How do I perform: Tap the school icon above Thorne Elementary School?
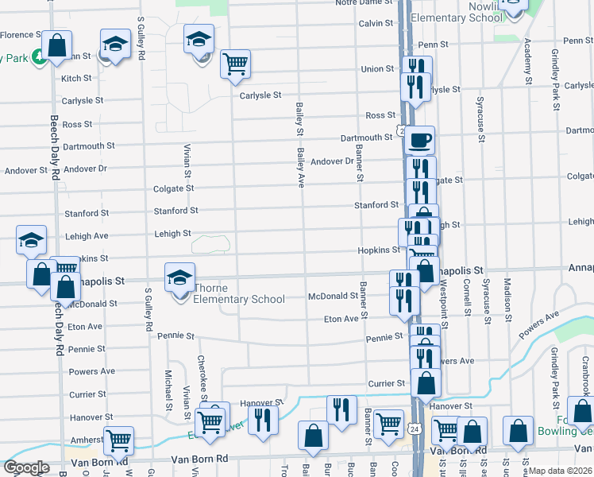click(180, 277)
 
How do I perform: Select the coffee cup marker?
click(420, 141)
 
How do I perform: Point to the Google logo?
click(26, 467)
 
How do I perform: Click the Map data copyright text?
click(561, 471)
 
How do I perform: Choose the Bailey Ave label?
click(301, 167)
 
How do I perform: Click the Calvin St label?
click(376, 24)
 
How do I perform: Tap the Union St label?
click(377, 69)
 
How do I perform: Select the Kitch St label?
click(76, 79)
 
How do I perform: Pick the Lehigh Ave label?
click(87, 236)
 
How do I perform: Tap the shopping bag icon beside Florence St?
click(57, 45)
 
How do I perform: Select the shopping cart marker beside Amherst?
click(118, 440)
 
